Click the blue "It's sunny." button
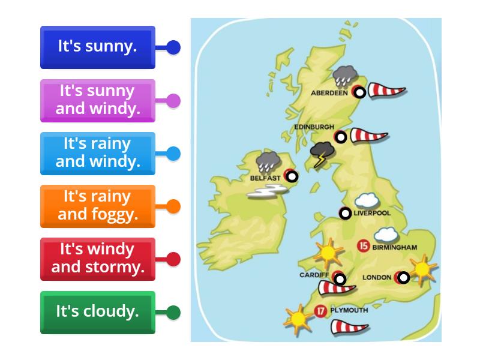click(x=98, y=47)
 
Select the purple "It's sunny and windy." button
click(x=98, y=100)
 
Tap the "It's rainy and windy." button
click(x=98, y=153)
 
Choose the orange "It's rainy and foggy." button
click(x=98, y=206)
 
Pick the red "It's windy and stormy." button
click(x=98, y=259)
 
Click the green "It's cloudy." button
click(x=98, y=312)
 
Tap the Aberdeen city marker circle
click(x=359, y=92)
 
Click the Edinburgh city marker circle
click(x=341, y=137)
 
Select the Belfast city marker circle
click(x=291, y=176)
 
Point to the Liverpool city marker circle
click(x=345, y=213)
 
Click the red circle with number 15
click(x=363, y=245)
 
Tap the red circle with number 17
click(x=321, y=311)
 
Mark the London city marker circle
click(x=403, y=277)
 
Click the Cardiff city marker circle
click(x=340, y=279)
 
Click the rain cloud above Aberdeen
click(x=344, y=76)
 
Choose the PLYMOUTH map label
click(x=349, y=311)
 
